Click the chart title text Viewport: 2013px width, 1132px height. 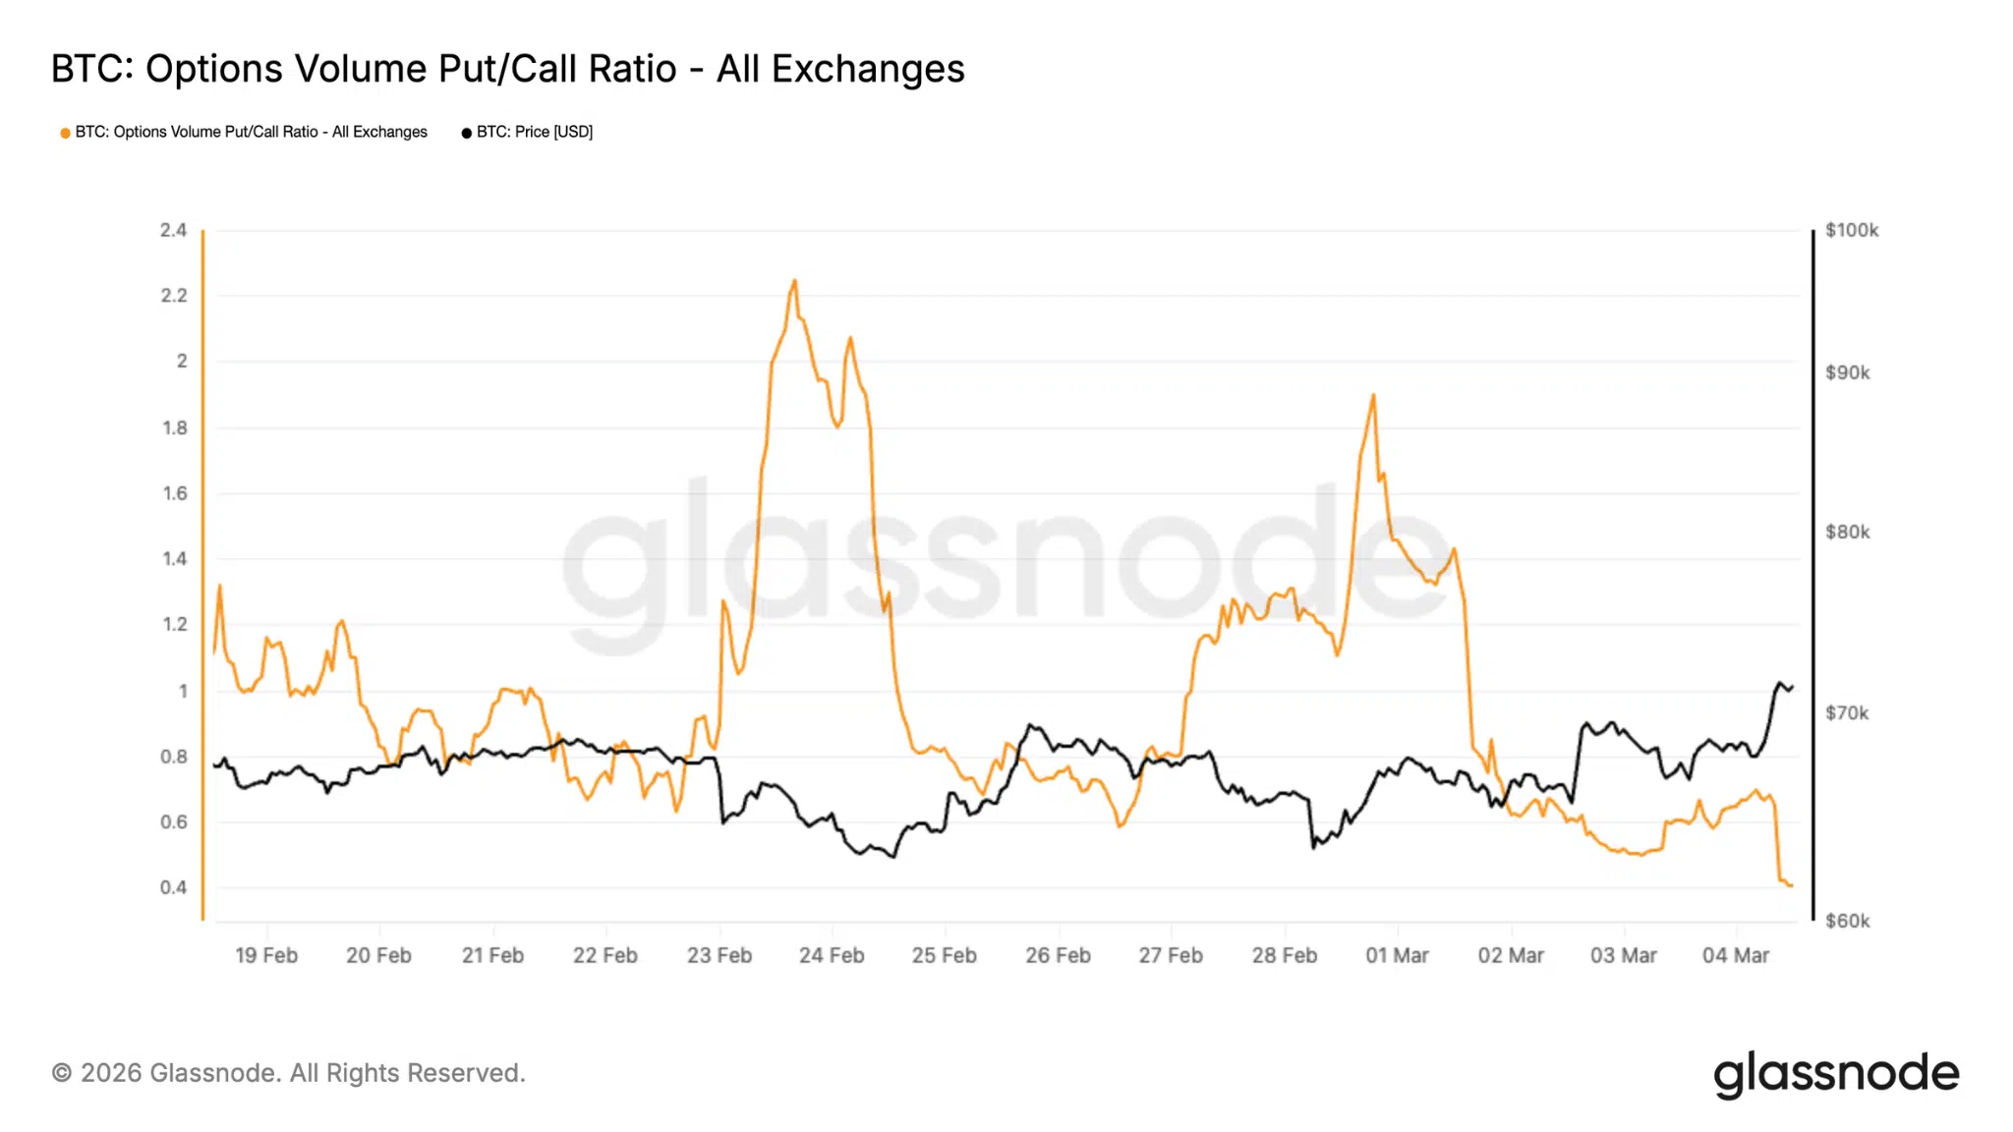(x=507, y=69)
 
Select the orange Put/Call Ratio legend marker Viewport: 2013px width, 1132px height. (x=65, y=133)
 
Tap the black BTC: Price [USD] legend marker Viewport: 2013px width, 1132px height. (x=467, y=133)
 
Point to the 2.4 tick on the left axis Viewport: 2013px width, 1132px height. (x=173, y=230)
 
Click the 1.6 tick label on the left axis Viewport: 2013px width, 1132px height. (x=174, y=493)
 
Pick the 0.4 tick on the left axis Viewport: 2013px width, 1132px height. (x=173, y=887)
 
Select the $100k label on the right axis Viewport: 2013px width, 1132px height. (x=1851, y=230)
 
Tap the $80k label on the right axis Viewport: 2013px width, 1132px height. (x=1847, y=532)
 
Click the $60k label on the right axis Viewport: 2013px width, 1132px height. (x=1847, y=921)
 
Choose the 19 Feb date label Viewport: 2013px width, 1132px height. (x=265, y=955)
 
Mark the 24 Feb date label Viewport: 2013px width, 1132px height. (x=832, y=955)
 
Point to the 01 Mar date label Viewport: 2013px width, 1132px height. (x=1397, y=955)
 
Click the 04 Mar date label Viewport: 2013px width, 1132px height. (x=1735, y=955)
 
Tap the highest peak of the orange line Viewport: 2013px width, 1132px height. (x=794, y=281)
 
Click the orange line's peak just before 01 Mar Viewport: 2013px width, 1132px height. (x=1373, y=395)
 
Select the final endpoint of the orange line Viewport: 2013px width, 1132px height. (x=1791, y=885)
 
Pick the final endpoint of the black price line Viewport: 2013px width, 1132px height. (x=1792, y=687)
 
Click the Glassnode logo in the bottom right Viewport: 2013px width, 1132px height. (x=1836, y=1073)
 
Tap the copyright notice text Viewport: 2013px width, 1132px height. (x=288, y=1073)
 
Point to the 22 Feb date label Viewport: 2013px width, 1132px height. (x=605, y=955)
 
